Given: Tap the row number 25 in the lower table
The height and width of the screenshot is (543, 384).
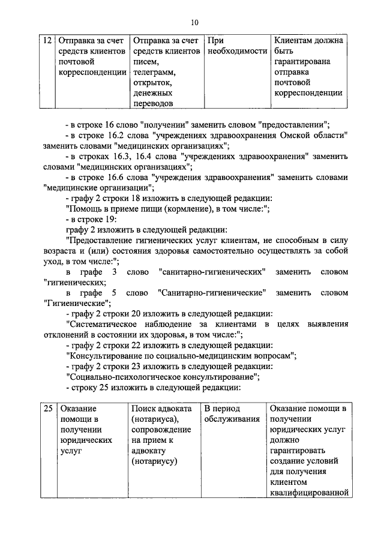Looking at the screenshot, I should pos(47,409).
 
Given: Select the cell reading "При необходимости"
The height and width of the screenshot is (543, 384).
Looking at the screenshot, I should pos(235,46).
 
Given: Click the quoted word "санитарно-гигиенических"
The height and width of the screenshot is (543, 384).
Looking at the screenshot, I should pos(214,272).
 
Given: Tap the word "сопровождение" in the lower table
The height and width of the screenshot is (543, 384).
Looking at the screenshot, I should pos(161,430).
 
